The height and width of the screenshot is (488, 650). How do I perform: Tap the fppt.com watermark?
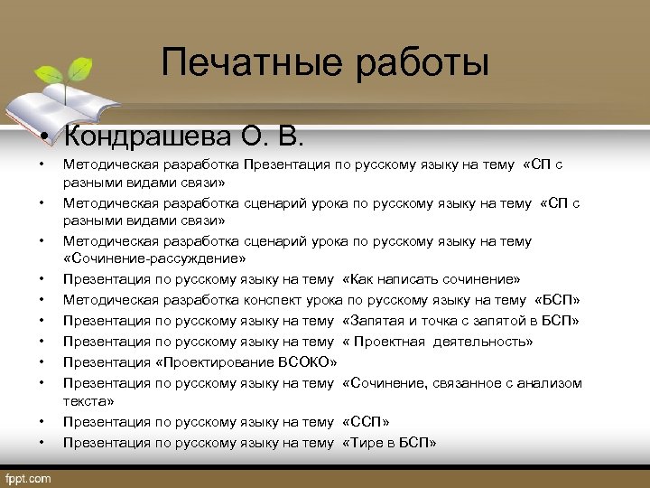click(28, 477)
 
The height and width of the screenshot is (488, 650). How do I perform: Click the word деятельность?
click(488, 342)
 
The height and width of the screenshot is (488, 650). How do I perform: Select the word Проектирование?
click(209, 362)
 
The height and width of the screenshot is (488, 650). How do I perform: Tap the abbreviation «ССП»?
click(367, 422)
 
